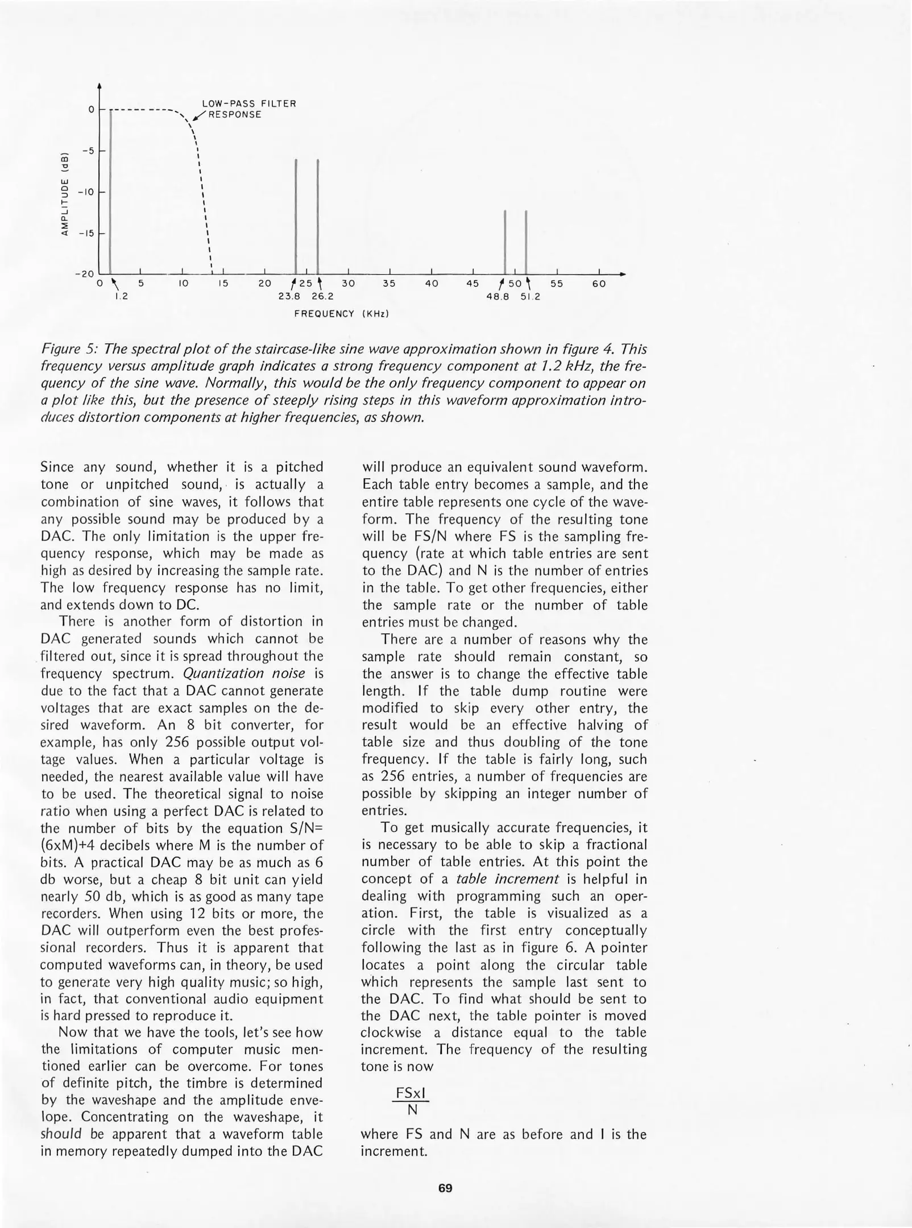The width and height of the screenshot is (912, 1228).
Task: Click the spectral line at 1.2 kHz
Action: [x=110, y=193]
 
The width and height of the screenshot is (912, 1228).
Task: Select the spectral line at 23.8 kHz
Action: [x=296, y=216]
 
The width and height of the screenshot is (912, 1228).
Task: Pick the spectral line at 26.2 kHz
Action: [x=317, y=216]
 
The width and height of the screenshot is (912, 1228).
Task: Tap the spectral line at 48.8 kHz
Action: [x=505, y=242]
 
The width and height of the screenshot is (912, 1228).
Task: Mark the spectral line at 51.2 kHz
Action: [x=526, y=242]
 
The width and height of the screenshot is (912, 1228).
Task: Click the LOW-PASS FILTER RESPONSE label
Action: [x=249, y=109]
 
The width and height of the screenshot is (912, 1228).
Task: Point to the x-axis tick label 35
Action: [x=389, y=284]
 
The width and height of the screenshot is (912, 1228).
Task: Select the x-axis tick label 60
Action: [x=599, y=284]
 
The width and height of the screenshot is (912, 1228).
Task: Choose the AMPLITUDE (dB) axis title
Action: [x=65, y=193]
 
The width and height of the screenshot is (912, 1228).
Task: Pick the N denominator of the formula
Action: [x=413, y=1110]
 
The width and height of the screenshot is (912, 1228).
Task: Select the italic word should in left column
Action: [x=61, y=1134]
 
